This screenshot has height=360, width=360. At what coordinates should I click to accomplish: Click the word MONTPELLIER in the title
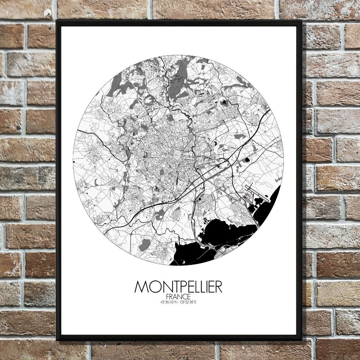178,287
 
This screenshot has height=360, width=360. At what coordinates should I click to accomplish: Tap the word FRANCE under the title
178,296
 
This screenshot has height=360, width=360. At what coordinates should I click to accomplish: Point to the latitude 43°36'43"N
164,302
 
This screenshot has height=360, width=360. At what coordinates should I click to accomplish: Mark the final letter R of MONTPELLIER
218,287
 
